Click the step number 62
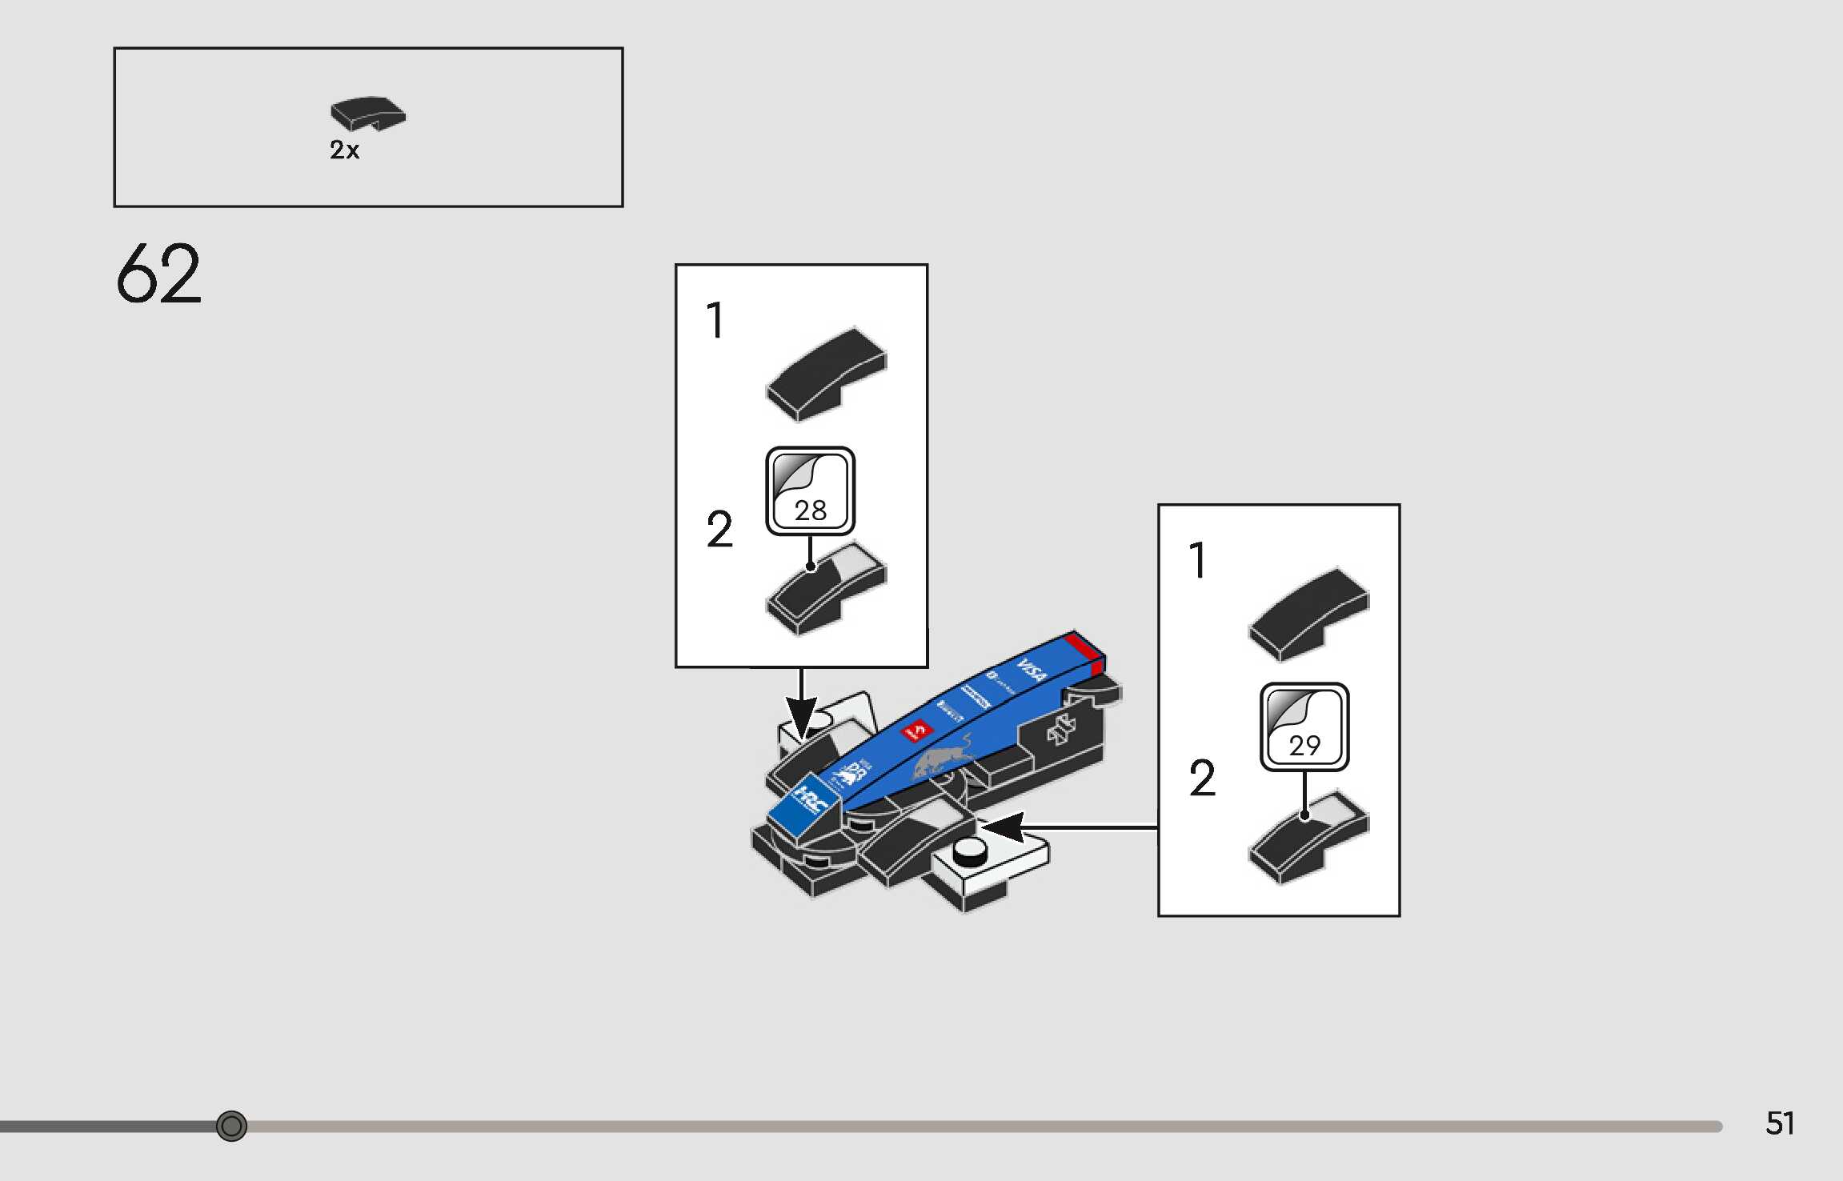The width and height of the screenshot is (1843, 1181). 158,274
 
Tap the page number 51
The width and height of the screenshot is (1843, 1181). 1780,1123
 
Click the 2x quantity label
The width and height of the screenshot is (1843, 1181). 344,150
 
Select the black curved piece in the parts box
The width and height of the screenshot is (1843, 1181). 368,114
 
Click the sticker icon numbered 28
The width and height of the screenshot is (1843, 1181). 810,490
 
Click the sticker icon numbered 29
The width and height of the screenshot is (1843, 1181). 1304,727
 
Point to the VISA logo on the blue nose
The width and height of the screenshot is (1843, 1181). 1032,670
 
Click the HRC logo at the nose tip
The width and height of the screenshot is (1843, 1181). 806,800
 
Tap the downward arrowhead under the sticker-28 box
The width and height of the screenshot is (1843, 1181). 801,717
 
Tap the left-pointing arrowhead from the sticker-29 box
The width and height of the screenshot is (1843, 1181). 1004,827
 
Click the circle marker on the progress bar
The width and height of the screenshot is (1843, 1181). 231,1126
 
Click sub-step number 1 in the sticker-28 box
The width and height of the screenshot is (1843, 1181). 715,321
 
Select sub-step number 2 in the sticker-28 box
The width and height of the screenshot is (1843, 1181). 719,530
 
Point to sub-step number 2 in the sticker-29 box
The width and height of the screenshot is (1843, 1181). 1202,778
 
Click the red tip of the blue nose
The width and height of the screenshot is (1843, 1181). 1087,649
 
